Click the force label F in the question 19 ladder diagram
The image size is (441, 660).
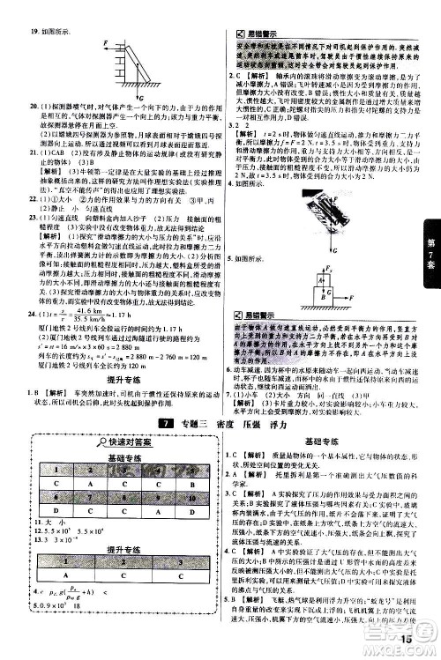click(106, 42)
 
